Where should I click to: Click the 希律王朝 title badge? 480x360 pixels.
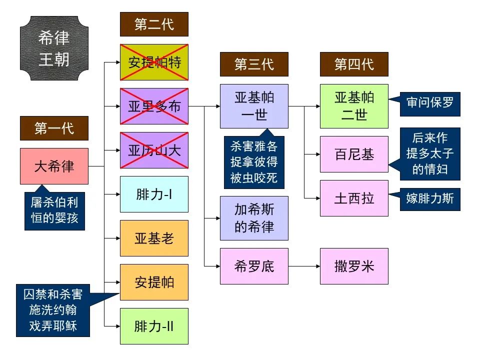tap(54, 48)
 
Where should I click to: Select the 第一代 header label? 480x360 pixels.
tap(54, 128)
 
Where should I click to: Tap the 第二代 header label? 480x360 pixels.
tap(154, 24)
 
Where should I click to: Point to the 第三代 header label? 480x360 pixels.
tap(254, 64)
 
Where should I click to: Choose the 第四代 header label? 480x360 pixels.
tap(354, 64)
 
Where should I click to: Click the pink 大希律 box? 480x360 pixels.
tap(54, 166)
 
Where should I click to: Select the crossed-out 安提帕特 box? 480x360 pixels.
tap(154, 62)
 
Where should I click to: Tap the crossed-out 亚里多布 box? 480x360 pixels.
tap(154, 106)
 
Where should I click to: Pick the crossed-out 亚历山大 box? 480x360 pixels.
tap(154, 150)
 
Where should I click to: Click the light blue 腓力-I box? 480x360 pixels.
tap(154, 194)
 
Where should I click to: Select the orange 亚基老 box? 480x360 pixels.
tap(154, 238)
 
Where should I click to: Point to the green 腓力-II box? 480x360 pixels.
tap(154, 326)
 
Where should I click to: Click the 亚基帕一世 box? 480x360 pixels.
tap(254, 106)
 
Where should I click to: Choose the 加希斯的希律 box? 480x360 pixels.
tap(254, 218)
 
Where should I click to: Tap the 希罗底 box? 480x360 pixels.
tap(254, 266)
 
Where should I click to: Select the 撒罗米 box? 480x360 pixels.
tap(354, 266)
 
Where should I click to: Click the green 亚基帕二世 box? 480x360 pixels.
tap(354, 106)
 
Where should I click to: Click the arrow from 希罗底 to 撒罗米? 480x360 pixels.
tap(304, 266)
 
